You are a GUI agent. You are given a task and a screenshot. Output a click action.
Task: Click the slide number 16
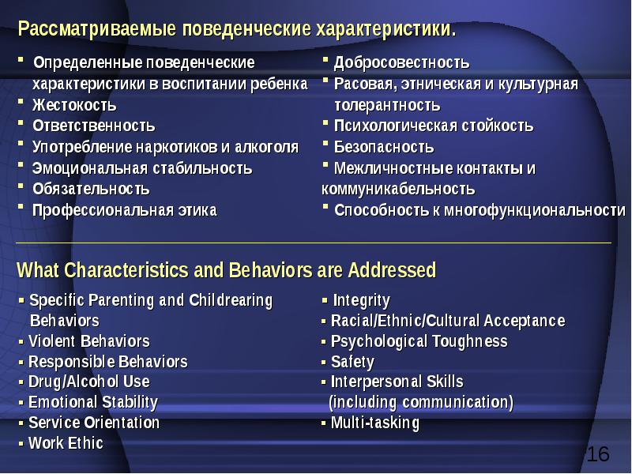[x=598, y=454]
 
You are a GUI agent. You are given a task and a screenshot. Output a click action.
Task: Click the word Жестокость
[x=74, y=105]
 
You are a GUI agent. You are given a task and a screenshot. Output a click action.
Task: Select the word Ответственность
[x=93, y=126]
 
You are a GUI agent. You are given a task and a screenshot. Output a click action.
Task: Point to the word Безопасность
[x=384, y=147]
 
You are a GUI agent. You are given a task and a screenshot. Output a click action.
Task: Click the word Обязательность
[x=91, y=189]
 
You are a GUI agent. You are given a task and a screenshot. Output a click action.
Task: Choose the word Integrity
[x=361, y=300]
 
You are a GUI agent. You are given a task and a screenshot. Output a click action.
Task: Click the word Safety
[x=352, y=362]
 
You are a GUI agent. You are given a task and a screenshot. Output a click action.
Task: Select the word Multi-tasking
[x=375, y=423]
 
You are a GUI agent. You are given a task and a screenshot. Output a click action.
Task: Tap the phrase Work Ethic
[x=66, y=442]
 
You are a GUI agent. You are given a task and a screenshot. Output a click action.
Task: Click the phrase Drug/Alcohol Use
[x=88, y=382]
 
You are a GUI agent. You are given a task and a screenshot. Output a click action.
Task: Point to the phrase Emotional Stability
[x=93, y=402]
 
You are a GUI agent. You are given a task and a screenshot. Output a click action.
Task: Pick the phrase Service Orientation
[x=94, y=423]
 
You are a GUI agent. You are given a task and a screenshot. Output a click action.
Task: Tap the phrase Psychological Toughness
[x=419, y=341]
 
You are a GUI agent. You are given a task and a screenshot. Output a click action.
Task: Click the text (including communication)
[x=421, y=403]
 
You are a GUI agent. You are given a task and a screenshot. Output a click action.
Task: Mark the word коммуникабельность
[x=398, y=189]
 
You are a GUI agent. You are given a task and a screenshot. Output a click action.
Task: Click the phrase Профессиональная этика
[x=124, y=210]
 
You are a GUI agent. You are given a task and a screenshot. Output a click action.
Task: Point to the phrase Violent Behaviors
[x=88, y=341]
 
